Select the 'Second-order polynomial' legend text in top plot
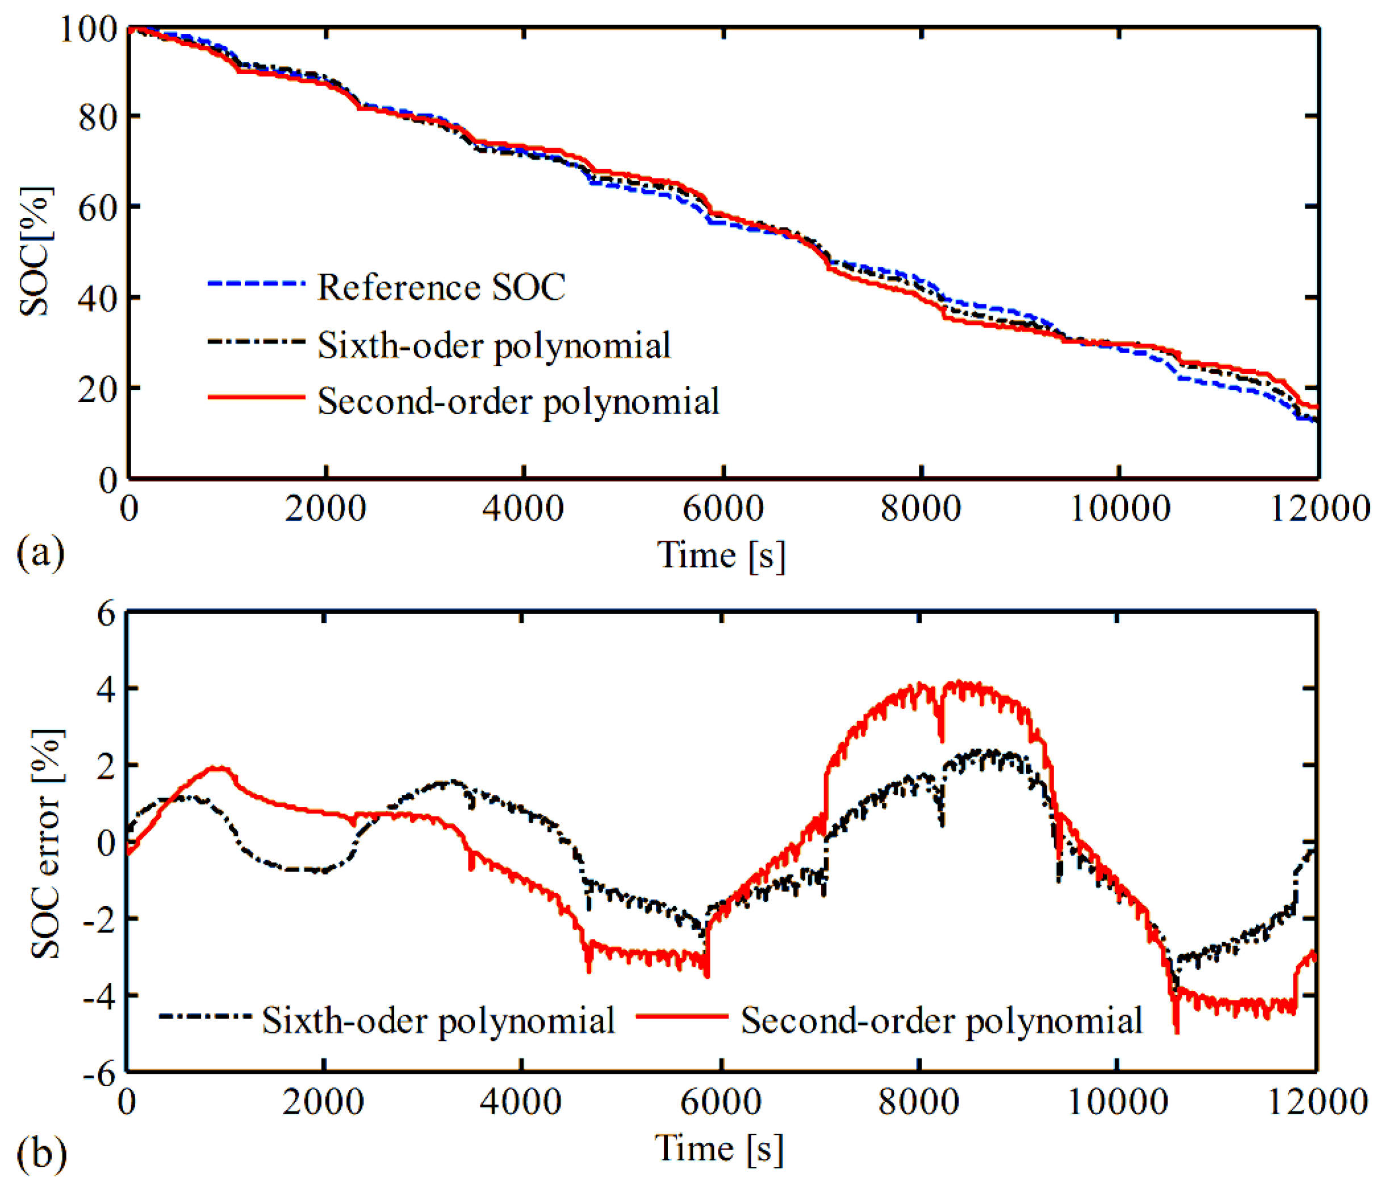(518, 401)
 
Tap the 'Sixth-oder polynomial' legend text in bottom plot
(438, 1020)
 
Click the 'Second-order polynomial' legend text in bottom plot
(942, 1020)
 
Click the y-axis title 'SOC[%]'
(35, 252)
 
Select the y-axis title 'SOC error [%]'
(47, 844)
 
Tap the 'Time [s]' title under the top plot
(722, 555)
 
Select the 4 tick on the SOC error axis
(107, 688)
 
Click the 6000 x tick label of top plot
(722, 509)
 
